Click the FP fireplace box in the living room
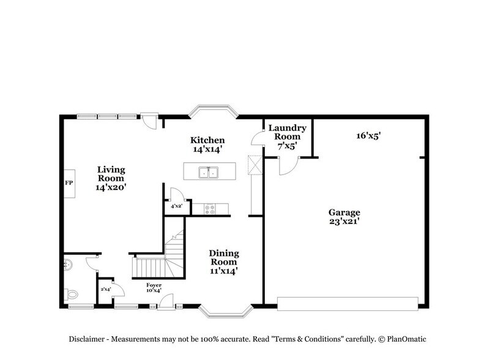click(x=69, y=182)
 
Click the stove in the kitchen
click(x=210, y=209)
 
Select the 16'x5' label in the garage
click(x=368, y=136)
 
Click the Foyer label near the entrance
click(x=154, y=286)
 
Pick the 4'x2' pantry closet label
click(x=177, y=207)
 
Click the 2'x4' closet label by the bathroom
click(x=105, y=288)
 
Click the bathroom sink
click(x=69, y=264)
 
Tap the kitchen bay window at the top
click(x=212, y=112)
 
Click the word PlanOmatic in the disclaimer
click(x=404, y=339)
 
